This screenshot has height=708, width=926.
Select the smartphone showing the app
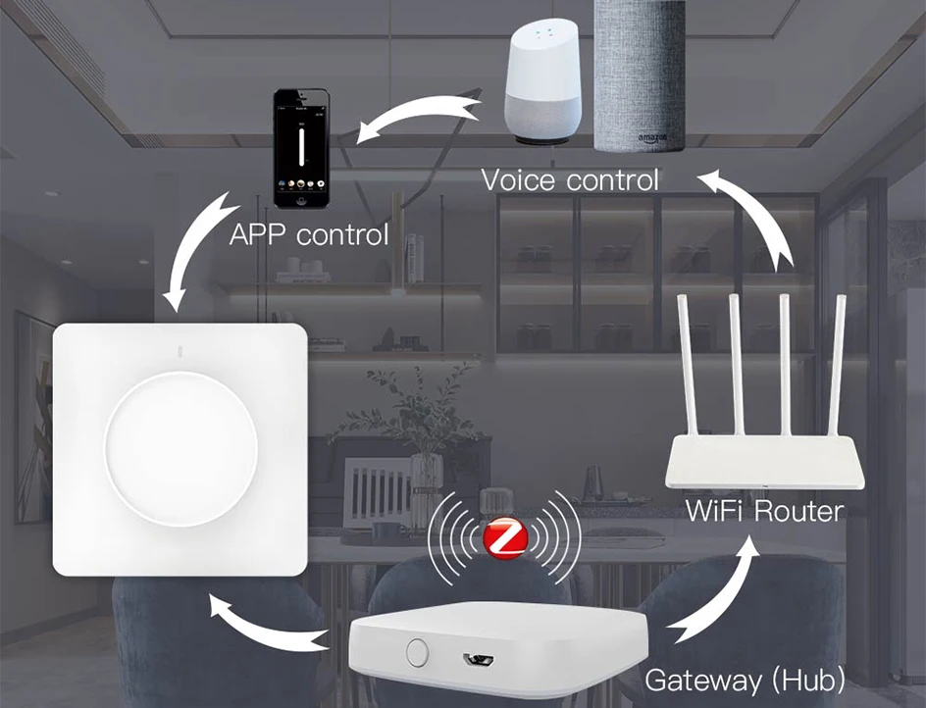click(300, 149)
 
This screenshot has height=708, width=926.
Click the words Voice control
click(570, 180)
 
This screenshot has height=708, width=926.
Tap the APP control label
click(308, 235)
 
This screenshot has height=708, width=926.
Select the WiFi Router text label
click(764, 510)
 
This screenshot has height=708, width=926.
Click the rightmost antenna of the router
click(839, 367)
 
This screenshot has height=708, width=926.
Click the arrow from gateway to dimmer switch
click(265, 627)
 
